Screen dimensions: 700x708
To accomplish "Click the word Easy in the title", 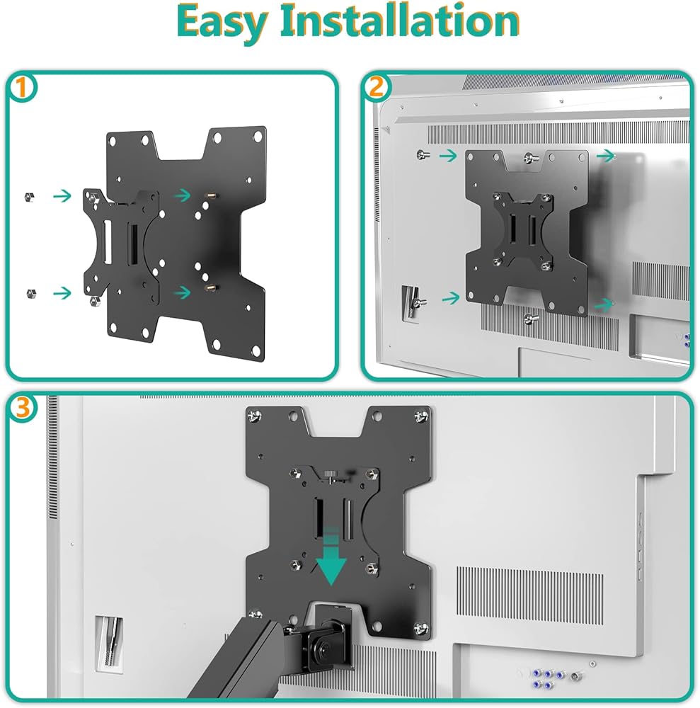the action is pos(221,22).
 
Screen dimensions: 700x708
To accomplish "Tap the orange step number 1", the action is pos(21,88).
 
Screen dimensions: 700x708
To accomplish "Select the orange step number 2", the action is pos(377,86).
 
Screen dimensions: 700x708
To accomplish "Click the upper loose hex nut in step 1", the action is pos(29,198).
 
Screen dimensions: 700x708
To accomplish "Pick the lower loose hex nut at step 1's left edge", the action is pos(31,294).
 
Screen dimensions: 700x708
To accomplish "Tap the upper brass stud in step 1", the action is pos(211,196).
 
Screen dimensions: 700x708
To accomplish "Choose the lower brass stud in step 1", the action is pos(211,287).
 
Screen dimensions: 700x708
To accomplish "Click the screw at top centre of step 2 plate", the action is pos(531,158).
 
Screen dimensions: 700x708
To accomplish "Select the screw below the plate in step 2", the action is pos(531,319).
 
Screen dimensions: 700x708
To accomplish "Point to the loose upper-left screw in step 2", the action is pos(423,155).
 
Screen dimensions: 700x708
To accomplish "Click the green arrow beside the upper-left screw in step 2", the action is pos(448,156).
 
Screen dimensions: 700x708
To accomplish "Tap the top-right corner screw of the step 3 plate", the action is pos(421,416).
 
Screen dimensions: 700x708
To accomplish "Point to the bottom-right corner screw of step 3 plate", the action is pos(422,628).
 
